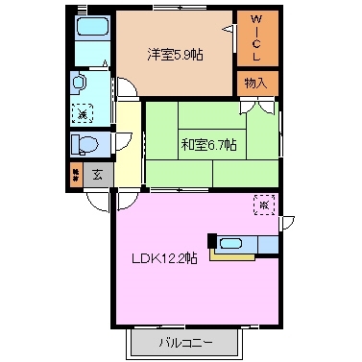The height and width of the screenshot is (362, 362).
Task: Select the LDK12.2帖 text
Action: click(x=165, y=259)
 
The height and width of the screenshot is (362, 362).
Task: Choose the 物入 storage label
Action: click(x=256, y=84)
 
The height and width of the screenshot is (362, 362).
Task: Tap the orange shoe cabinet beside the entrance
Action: click(x=75, y=176)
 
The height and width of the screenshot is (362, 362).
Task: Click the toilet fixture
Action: click(x=84, y=145)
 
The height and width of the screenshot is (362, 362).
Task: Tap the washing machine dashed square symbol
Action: click(x=82, y=109)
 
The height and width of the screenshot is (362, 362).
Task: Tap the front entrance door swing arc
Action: click(x=97, y=201)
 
